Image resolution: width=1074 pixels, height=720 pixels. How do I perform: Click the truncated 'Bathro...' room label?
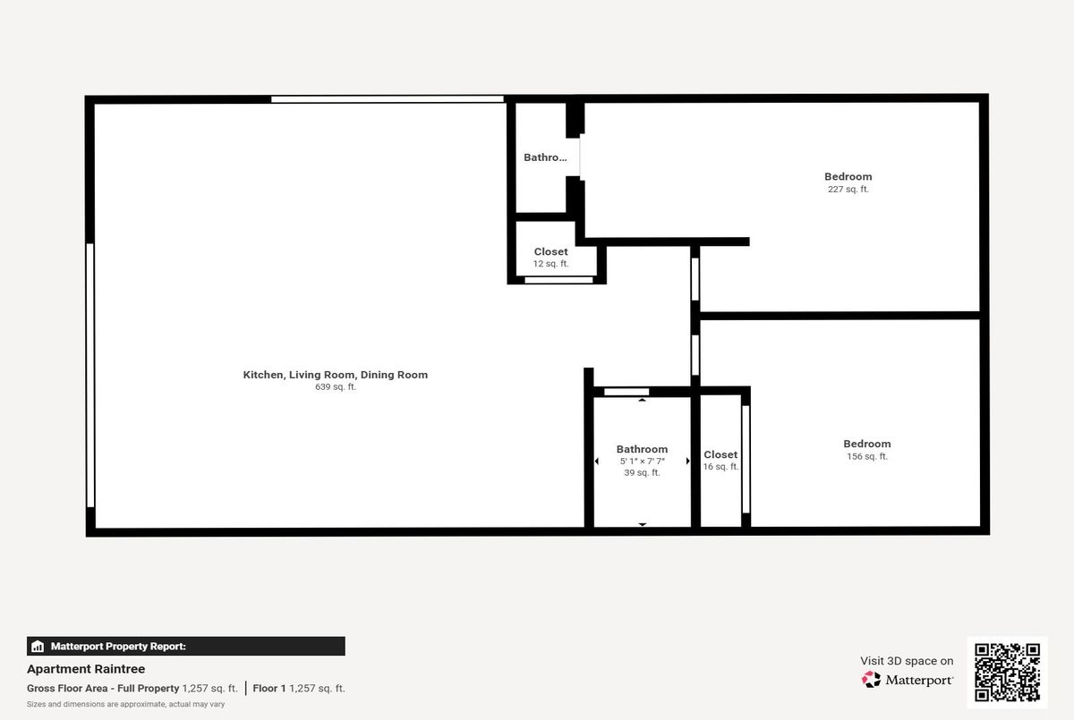point(545,157)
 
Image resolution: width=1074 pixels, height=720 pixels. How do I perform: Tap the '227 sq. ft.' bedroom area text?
point(848,190)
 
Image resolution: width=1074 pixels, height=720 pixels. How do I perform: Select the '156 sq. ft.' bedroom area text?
point(867,456)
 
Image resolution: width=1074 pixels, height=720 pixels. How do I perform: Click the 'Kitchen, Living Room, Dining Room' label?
point(335,375)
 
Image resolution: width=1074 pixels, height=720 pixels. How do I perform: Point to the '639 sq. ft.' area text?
point(335,387)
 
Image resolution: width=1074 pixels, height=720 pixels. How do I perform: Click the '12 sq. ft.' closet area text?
point(550,264)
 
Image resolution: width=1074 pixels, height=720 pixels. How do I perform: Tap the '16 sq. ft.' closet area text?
point(720,467)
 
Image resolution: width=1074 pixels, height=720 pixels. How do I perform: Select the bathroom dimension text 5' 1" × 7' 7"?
point(642,462)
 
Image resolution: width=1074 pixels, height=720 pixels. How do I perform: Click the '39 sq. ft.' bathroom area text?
point(642,473)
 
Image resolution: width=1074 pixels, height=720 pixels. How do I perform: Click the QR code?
point(1007,672)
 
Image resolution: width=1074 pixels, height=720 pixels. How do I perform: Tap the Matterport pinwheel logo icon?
point(871,679)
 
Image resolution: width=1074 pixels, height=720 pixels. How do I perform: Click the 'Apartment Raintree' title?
point(86,669)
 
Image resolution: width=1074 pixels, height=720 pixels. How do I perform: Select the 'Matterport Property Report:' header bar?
point(186,647)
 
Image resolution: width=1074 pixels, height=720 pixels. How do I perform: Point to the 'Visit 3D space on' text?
point(907,661)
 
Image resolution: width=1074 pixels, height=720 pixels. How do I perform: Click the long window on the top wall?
point(388,99)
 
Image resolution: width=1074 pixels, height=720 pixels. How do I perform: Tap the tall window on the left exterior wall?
point(90,375)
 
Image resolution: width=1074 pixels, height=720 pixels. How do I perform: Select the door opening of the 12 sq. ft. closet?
point(558,280)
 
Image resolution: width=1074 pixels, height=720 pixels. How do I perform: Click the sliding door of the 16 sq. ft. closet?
point(746,460)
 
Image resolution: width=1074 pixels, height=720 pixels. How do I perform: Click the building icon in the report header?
point(38,647)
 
